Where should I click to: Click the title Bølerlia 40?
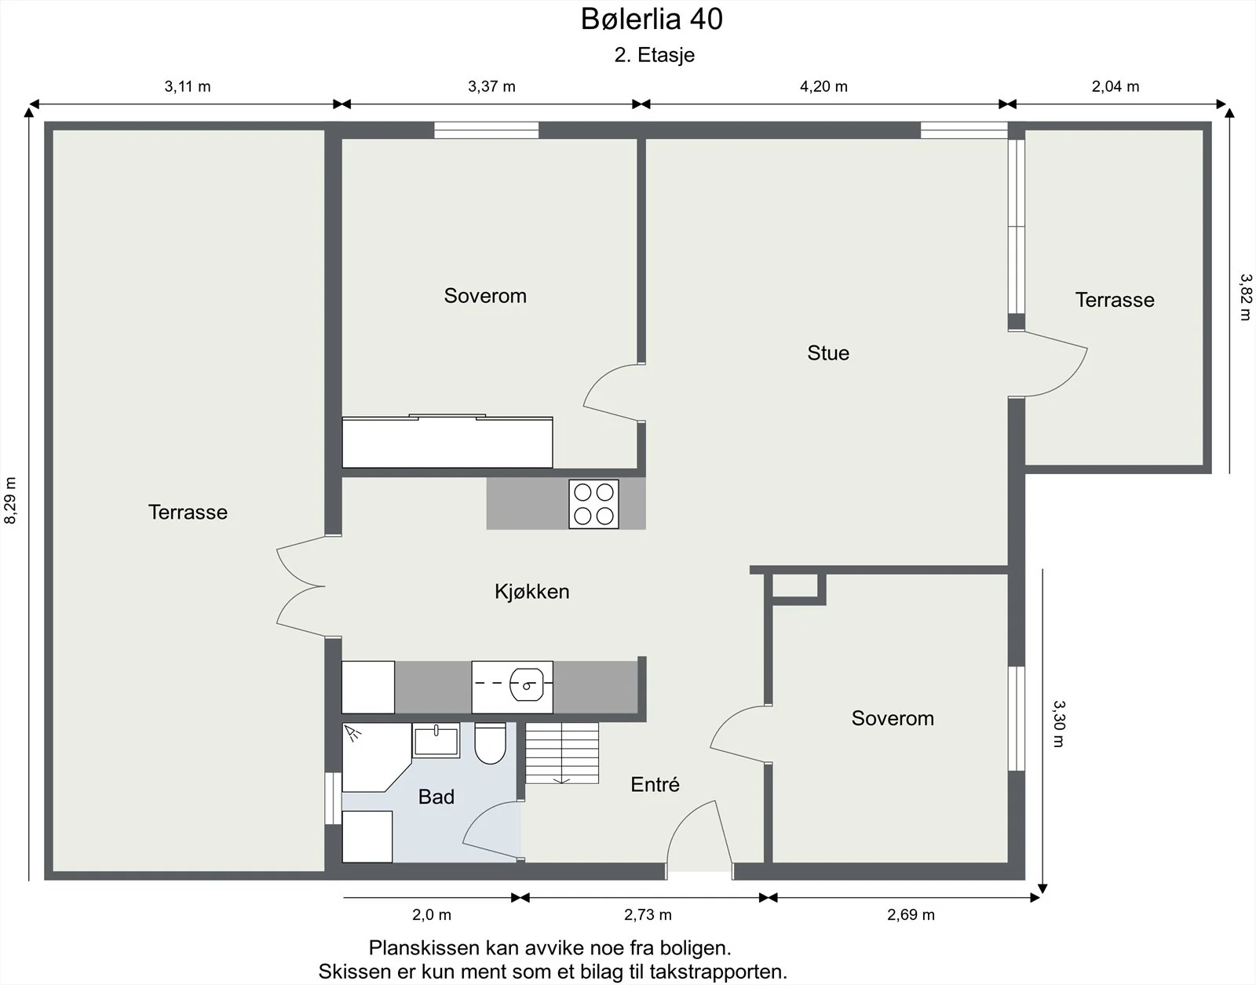tap(652, 19)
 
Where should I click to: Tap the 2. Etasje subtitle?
tap(655, 55)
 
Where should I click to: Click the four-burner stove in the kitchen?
tap(593, 504)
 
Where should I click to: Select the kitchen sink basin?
tap(526, 686)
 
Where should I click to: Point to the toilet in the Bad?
tap(490, 743)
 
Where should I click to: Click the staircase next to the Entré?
tap(562, 753)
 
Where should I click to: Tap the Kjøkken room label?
tap(531, 592)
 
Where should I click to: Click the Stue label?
tap(828, 353)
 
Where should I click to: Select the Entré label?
tap(655, 784)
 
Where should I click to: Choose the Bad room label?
tap(436, 797)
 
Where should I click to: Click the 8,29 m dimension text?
tap(10, 500)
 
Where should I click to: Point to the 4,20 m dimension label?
tap(823, 86)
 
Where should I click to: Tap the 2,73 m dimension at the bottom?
tap(648, 914)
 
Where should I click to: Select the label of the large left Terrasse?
tap(188, 512)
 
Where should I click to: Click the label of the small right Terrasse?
tap(1115, 300)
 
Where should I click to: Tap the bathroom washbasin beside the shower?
tap(436, 740)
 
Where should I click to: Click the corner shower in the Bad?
tap(376, 757)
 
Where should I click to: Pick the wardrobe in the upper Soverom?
tap(447, 442)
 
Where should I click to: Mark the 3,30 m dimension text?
tap(1057, 724)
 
